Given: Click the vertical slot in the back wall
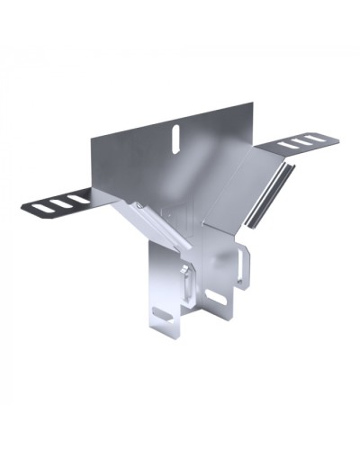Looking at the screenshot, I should point(175,135).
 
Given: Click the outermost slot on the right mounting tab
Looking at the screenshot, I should point(311,138).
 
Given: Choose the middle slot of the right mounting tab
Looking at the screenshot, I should point(299,141).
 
